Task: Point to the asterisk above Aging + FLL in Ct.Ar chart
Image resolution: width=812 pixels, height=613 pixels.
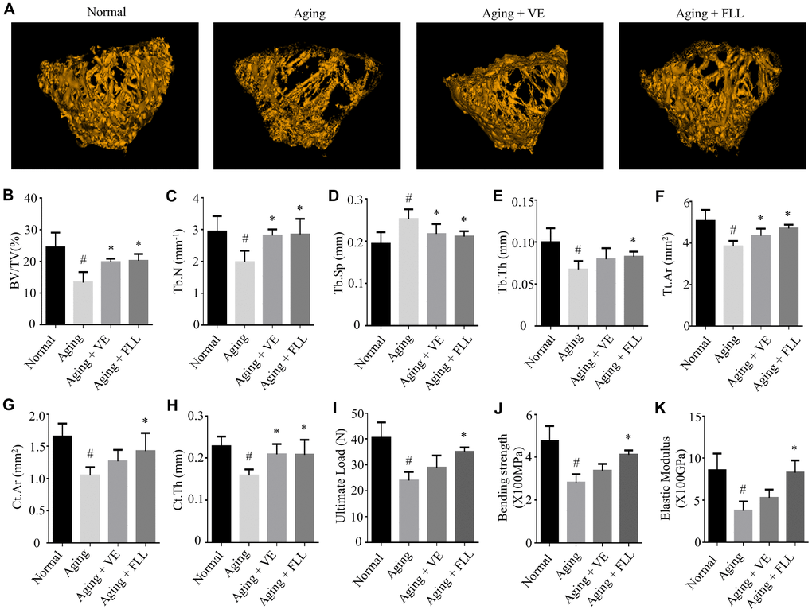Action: pos(145,422)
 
